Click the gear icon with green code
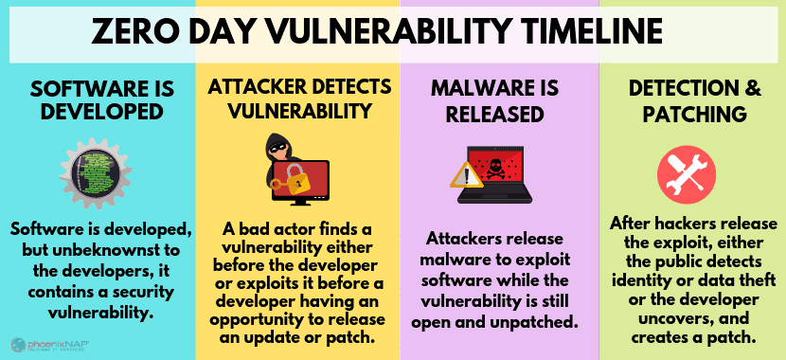pyautogui.click(x=96, y=173)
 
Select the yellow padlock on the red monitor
pyautogui.click(x=296, y=177)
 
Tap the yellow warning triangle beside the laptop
pyautogui.click(x=464, y=176)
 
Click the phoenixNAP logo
pyautogui.click(x=50, y=345)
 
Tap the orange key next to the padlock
pyautogui.click(x=279, y=184)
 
